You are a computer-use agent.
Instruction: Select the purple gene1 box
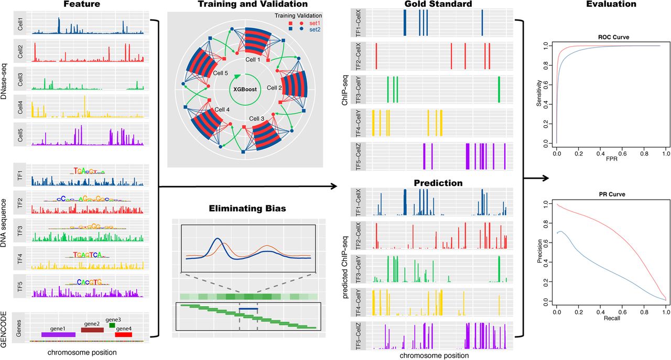[58, 334]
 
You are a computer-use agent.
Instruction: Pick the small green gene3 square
[112, 325]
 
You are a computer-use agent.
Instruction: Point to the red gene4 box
[124, 334]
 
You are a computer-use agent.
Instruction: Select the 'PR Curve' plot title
[613, 194]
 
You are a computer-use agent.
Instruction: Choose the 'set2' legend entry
[315, 30]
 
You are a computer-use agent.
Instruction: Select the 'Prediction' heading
[438, 183]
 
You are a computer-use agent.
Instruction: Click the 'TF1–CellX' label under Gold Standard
[358, 23]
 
